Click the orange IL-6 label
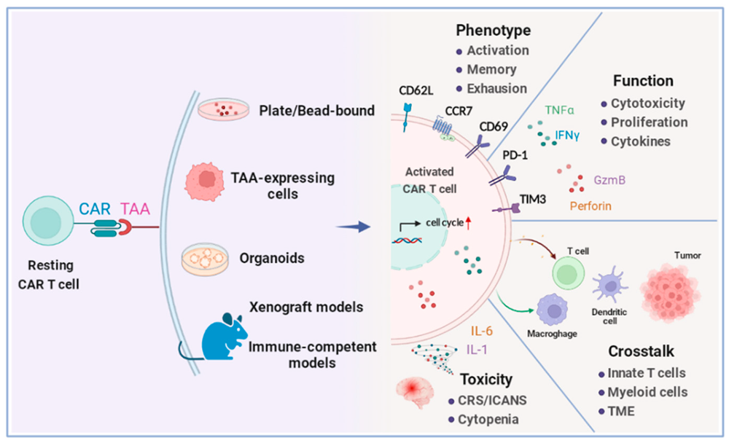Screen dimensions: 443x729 click(x=477, y=332)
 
